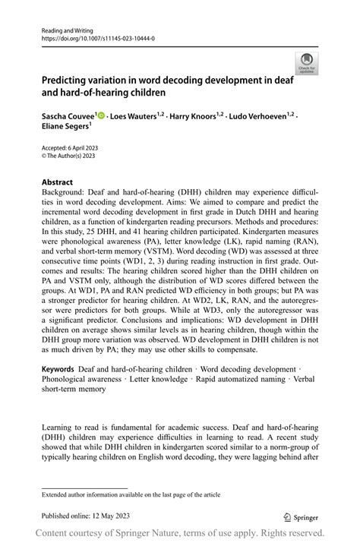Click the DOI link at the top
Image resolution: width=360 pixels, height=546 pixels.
point(96,36)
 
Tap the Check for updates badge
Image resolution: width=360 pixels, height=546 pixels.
point(306,63)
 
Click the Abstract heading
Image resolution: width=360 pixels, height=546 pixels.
point(57,182)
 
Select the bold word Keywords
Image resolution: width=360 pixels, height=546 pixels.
point(58,368)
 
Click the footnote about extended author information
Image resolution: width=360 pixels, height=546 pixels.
point(131,494)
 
